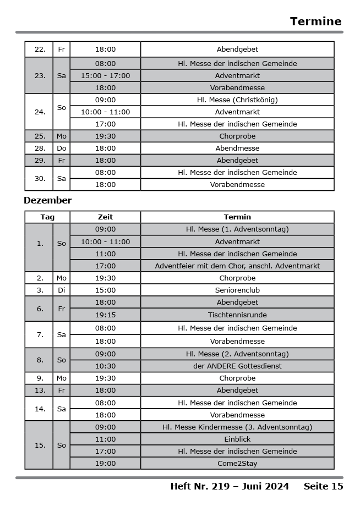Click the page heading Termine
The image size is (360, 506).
coord(315,21)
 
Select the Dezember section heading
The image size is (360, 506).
coord(47,200)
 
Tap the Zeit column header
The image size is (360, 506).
coord(105,217)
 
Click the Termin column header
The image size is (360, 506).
coord(237,217)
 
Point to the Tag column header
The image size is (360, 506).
coord(47,217)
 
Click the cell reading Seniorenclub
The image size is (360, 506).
coord(237,290)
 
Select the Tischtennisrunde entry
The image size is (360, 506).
coord(237,315)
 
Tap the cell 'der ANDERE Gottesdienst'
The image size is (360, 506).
coord(237,366)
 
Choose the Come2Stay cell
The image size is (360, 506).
coord(237,463)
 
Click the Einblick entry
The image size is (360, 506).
coord(237,439)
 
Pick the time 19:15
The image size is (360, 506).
coord(105,315)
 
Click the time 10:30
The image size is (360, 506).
coord(105,366)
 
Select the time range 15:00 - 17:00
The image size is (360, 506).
coord(105,75)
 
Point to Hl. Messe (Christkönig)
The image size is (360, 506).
coord(237,100)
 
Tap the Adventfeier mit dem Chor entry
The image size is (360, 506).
coord(237,266)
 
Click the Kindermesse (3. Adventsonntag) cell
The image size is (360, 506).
coord(237,427)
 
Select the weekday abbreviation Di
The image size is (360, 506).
coord(61,290)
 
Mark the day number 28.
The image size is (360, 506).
coord(40,148)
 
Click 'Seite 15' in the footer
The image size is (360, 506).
coord(323,486)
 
